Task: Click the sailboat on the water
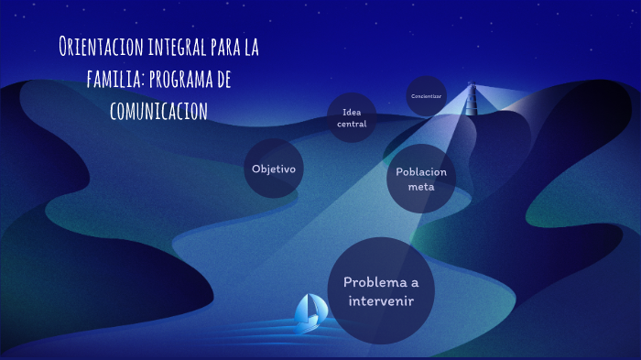point(309,314)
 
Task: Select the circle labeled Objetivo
point(273,169)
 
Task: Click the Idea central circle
point(352,118)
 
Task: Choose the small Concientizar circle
point(426,95)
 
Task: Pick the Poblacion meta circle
point(421,179)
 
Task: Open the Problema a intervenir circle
point(380,290)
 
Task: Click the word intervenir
point(380,300)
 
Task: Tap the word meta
point(421,187)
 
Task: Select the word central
point(352,124)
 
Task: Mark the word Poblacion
point(421,172)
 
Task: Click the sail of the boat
point(310,308)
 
